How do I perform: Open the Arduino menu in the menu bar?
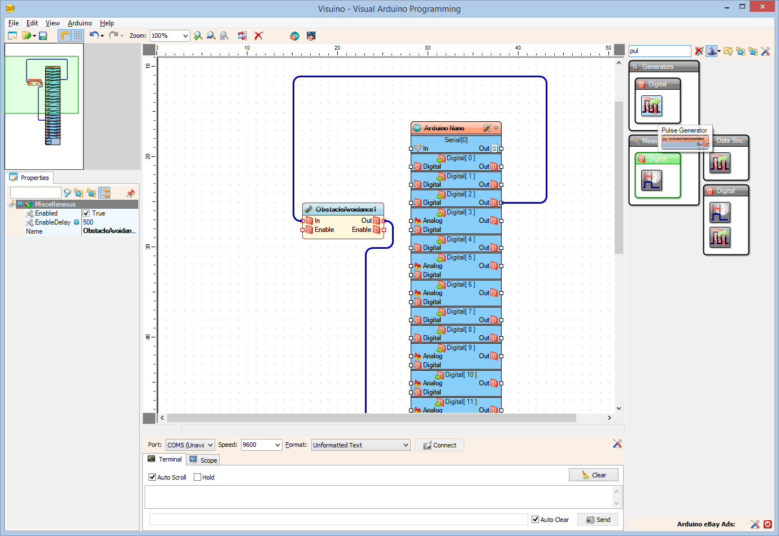pyautogui.click(x=80, y=23)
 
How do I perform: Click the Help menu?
pyautogui.click(x=107, y=23)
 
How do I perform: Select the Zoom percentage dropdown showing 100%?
pyautogui.click(x=169, y=36)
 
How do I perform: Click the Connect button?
pyautogui.click(x=439, y=445)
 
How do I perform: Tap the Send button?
pyautogui.click(x=598, y=520)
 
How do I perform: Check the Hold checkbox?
pyautogui.click(x=198, y=477)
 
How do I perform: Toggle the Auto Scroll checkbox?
pyautogui.click(x=153, y=477)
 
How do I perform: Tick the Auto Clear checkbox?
pyautogui.click(x=536, y=520)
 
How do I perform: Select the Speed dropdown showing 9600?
pyautogui.click(x=261, y=445)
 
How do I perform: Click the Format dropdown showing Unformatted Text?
pyautogui.click(x=360, y=445)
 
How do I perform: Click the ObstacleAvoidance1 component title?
pyautogui.click(x=345, y=209)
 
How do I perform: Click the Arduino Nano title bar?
pyautogui.click(x=445, y=128)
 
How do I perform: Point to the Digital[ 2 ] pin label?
pyautogui.click(x=461, y=194)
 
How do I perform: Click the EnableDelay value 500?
pyautogui.click(x=89, y=222)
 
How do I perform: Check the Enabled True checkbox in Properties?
pyautogui.click(x=86, y=213)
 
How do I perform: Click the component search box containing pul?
pyautogui.click(x=659, y=51)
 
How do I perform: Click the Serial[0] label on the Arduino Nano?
pyautogui.click(x=456, y=140)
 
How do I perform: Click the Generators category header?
pyautogui.click(x=658, y=67)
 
